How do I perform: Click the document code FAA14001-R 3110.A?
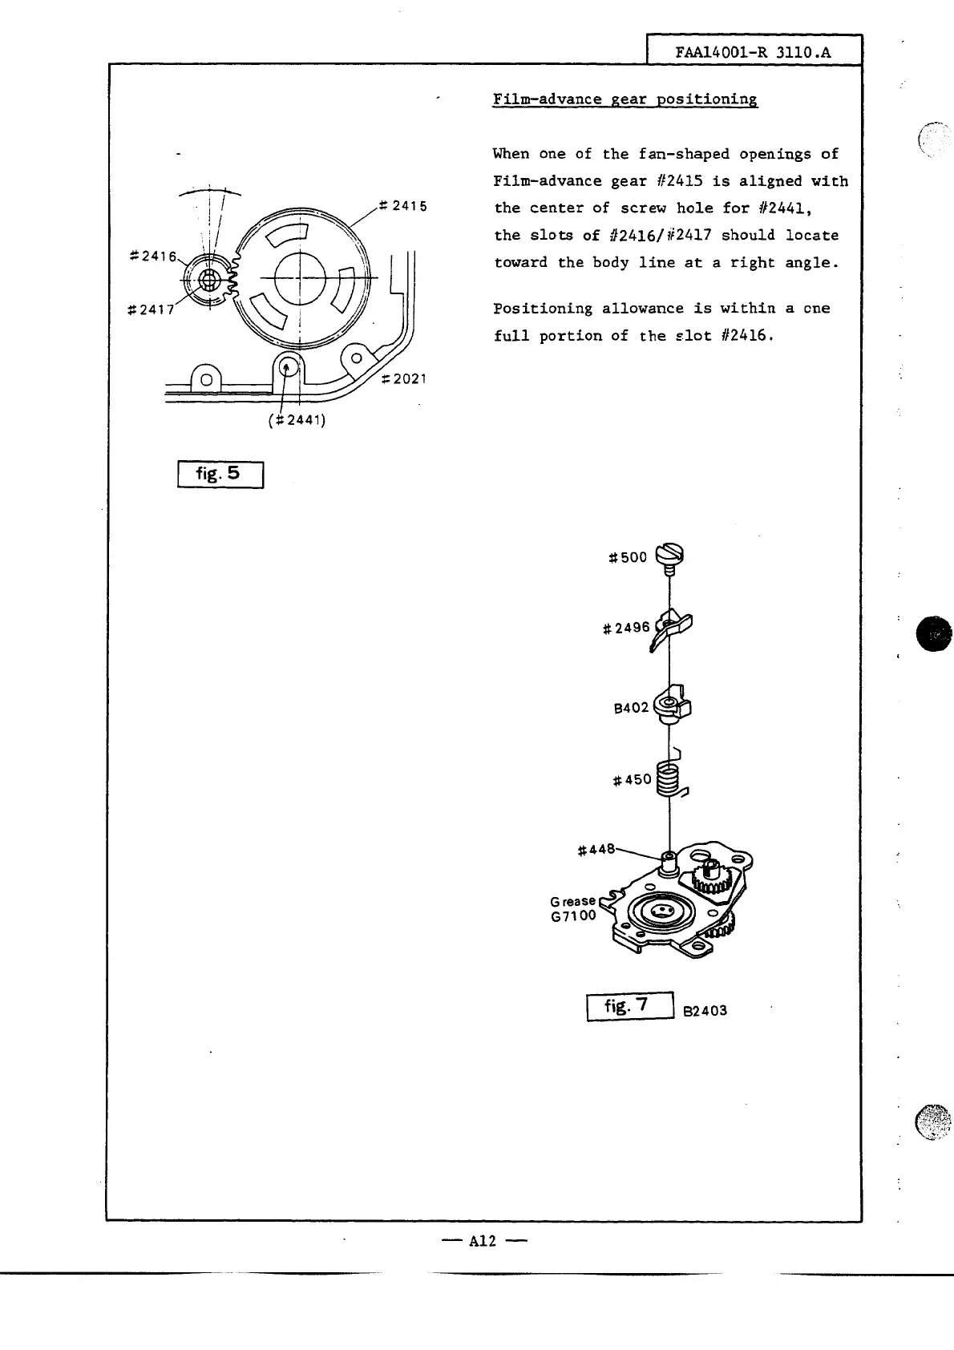tap(753, 52)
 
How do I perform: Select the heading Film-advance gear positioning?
tap(625, 99)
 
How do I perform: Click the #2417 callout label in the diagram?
tap(151, 309)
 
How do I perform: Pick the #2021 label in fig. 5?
tap(403, 378)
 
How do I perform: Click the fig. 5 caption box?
tap(220, 474)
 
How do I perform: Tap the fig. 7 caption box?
tap(629, 1005)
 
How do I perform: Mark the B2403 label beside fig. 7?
tap(705, 1011)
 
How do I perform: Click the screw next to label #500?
tap(670, 556)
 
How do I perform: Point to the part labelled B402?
tap(673, 705)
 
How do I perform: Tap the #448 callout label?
tap(596, 849)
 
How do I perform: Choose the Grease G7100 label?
tap(573, 908)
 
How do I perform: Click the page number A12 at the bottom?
tap(483, 1241)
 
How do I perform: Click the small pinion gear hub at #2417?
tap(209, 280)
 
